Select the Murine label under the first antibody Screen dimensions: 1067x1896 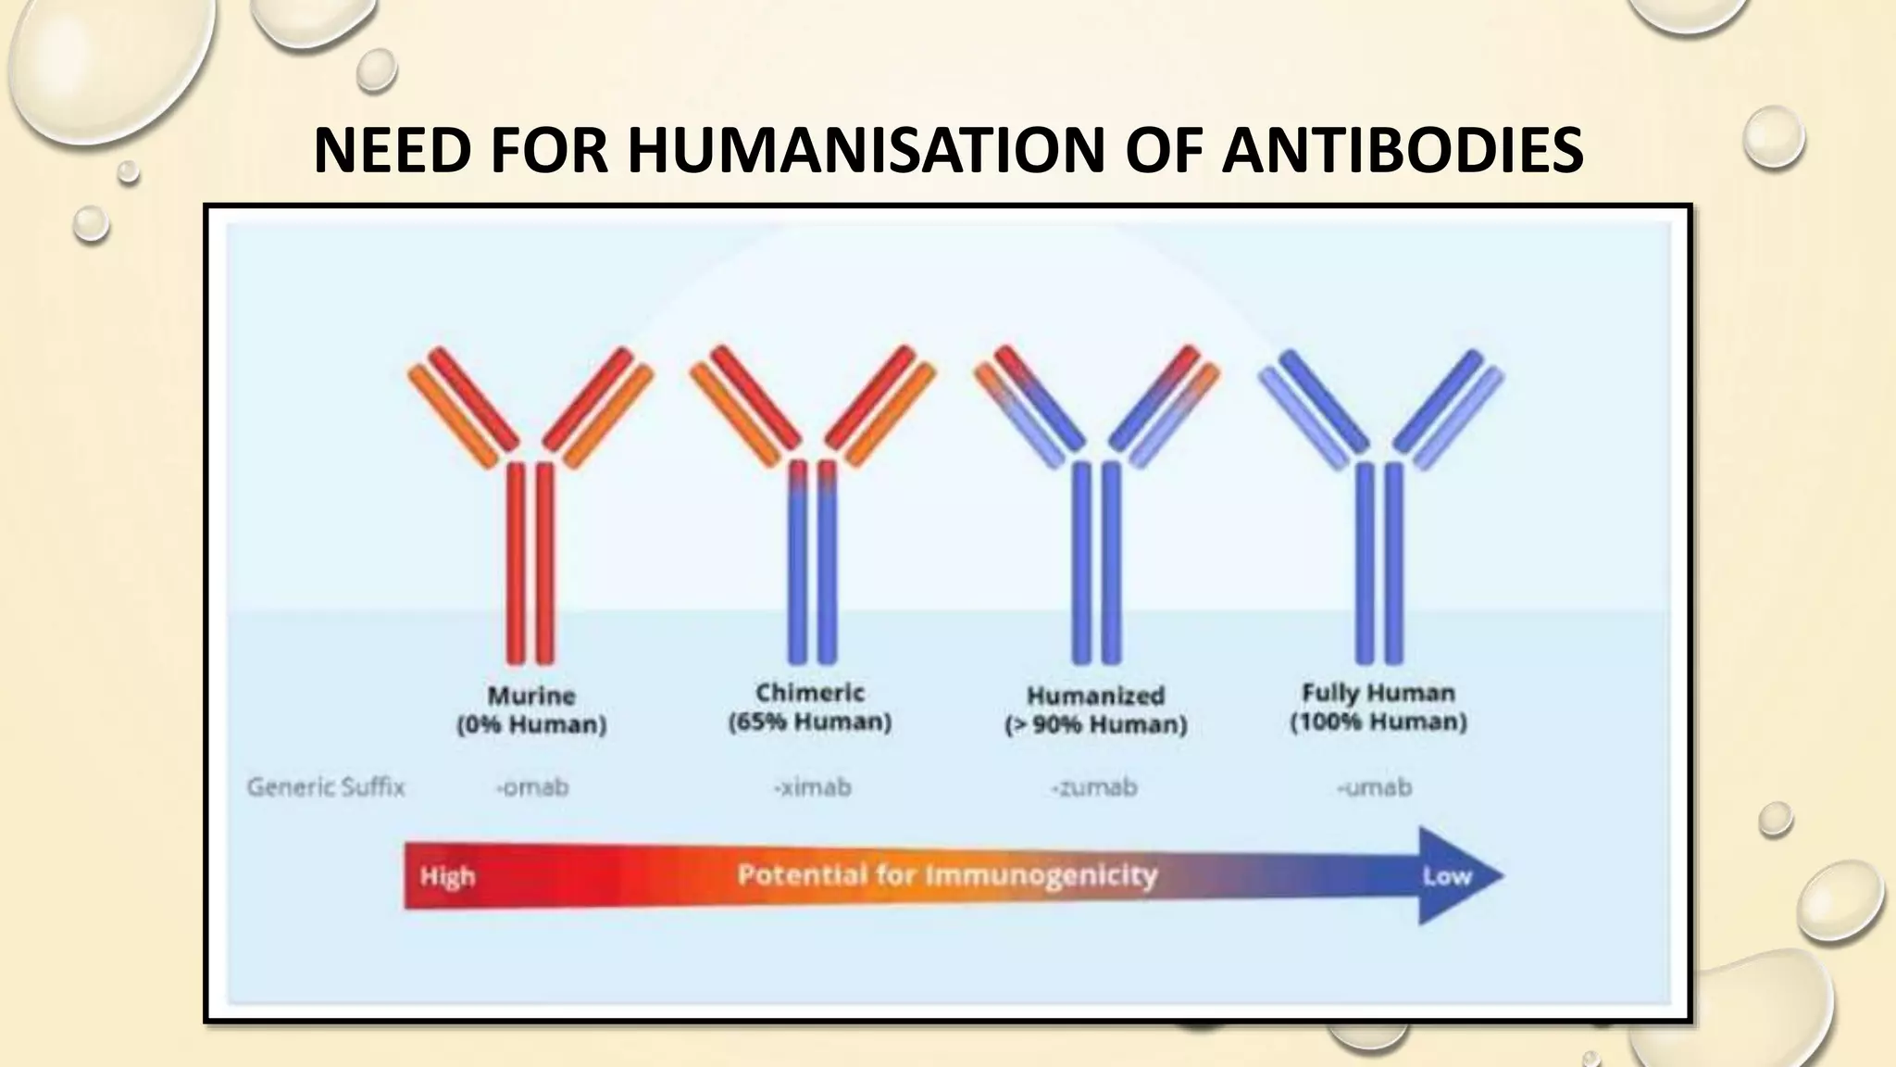pyautogui.click(x=531, y=696)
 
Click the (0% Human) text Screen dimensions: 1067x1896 pyautogui.click(x=531, y=724)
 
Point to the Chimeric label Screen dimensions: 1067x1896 pyautogui.click(x=810, y=693)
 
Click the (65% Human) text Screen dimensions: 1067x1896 pyautogui.click(x=810, y=722)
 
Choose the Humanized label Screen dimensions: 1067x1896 pyautogui.click(x=1095, y=696)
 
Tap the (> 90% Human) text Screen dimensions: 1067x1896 pyautogui.click(x=1095, y=724)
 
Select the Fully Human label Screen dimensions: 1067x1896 pyautogui.click(x=1378, y=693)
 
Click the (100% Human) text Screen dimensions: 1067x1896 pyautogui.click(x=1378, y=722)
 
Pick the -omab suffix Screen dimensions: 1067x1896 pyautogui.click(x=532, y=787)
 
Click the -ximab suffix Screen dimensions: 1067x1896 pyautogui.click(x=812, y=787)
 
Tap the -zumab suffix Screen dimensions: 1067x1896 pyautogui.click(x=1093, y=787)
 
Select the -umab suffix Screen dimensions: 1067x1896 pyautogui.click(x=1375, y=787)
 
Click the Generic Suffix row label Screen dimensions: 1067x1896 pyautogui.click(x=326, y=787)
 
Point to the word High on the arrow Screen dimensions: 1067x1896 pyautogui.click(x=447, y=876)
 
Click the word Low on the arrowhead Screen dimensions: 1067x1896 pyautogui.click(x=1446, y=876)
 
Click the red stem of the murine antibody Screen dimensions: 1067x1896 pyautogui.click(x=530, y=565)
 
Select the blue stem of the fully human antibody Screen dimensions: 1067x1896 pyautogui.click(x=1379, y=565)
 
